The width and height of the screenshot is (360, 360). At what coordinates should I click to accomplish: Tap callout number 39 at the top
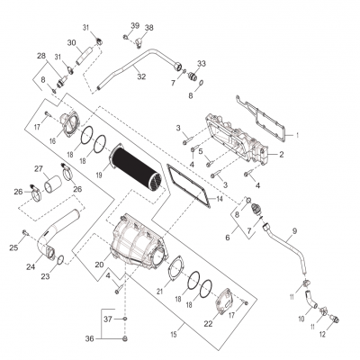[x=134, y=25]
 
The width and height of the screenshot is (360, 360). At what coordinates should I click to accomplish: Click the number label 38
[x=148, y=28]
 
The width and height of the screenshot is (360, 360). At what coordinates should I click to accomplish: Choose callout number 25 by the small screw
[x=14, y=247]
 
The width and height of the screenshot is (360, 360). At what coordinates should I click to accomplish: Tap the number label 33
[x=202, y=64]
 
